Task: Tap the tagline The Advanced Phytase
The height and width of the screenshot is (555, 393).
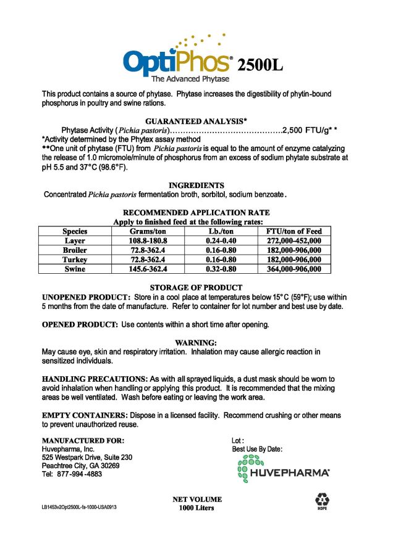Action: tap(190, 80)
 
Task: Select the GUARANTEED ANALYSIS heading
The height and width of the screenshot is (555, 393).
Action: tap(196, 121)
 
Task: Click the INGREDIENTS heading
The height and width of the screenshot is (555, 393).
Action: tap(196, 185)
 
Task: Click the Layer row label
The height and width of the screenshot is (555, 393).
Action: tap(75, 240)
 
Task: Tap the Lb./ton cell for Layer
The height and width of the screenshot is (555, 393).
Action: tap(221, 240)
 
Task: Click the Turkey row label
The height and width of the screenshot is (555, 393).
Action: tap(75, 260)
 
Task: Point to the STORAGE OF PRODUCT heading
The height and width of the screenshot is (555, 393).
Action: tap(196, 287)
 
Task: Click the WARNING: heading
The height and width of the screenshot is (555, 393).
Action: tap(196, 342)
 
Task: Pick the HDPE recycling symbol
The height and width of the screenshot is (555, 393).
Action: tap(322, 500)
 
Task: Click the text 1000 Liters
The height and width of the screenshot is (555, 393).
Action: tap(196, 508)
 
